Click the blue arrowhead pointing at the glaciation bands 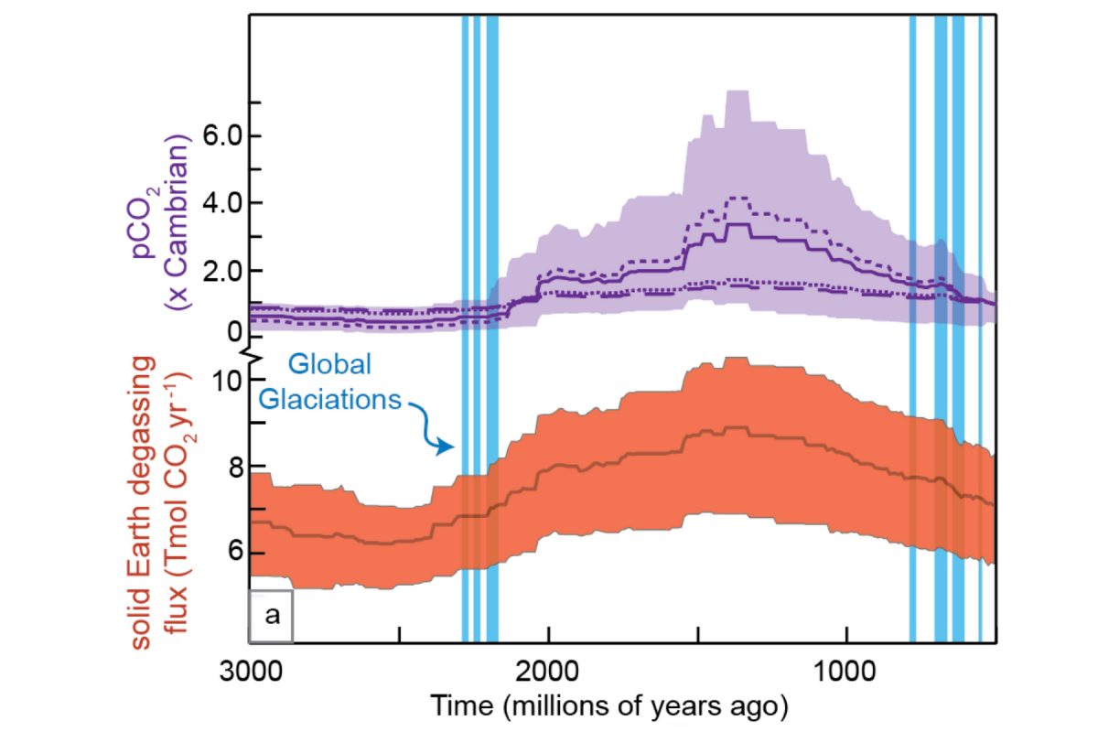click(x=447, y=447)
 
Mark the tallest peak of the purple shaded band click(x=737, y=91)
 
